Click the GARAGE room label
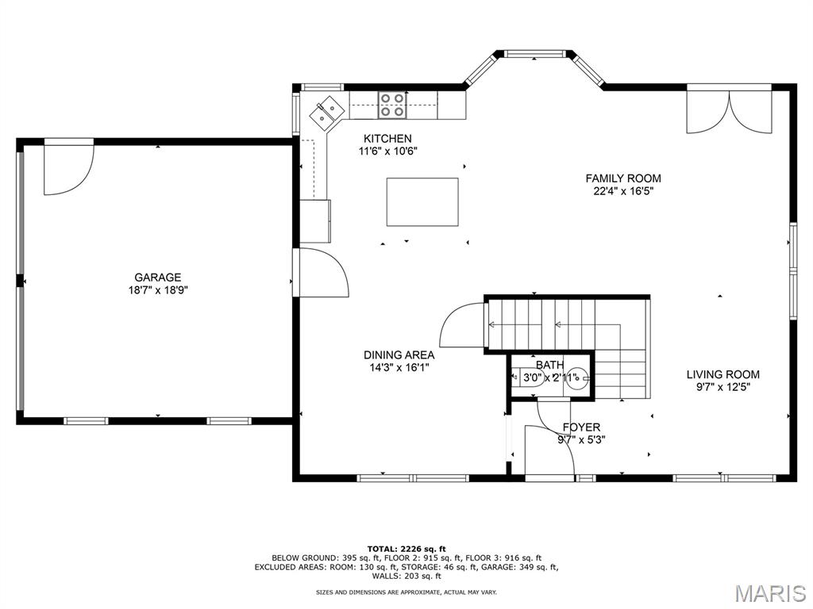[158, 278]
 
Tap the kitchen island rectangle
[422, 202]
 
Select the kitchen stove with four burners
[392, 104]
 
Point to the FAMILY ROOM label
[623, 178]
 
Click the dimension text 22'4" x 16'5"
[623, 191]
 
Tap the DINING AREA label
[399, 355]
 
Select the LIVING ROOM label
[723, 374]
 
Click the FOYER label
[581, 427]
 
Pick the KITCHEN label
[387, 138]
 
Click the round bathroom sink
[576, 378]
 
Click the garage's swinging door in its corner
[68, 167]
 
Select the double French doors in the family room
[730, 112]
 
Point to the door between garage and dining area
[321, 273]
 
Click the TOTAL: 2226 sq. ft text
[406, 549]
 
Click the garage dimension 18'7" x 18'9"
[158, 290]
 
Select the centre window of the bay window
[534, 53]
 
